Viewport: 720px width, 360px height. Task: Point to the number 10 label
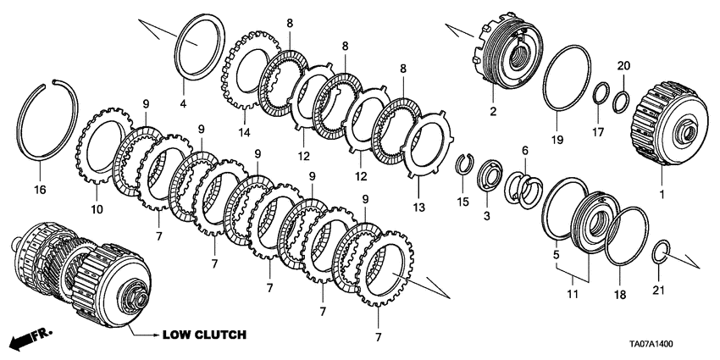(x=95, y=208)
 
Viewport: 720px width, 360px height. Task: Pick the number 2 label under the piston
(x=491, y=110)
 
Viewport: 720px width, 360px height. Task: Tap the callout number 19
(x=557, y=140)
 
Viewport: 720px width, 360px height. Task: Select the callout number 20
(x=623, y=65)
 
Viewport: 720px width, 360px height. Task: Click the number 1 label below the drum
(x=663, y=194)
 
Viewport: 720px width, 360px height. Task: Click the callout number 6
(x=524, y=150)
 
